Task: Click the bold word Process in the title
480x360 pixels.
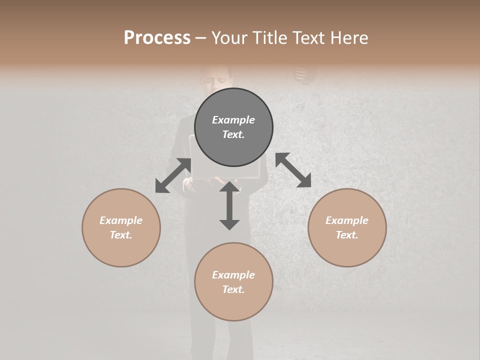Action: click(157, 37)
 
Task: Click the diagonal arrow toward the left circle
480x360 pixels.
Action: click(173, 175)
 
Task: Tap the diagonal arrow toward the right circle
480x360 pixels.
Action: click(293, 170)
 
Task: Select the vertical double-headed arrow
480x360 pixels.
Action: click(229, 205)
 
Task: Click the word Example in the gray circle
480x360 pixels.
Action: click(233, 120)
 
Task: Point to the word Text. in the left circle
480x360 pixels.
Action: click(121, 235)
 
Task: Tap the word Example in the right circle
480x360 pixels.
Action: click(347, 220)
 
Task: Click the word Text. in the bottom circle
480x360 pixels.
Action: click(233, 289)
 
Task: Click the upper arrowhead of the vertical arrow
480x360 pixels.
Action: click(229, 187)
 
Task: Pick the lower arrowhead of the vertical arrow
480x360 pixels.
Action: click(229, 224)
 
